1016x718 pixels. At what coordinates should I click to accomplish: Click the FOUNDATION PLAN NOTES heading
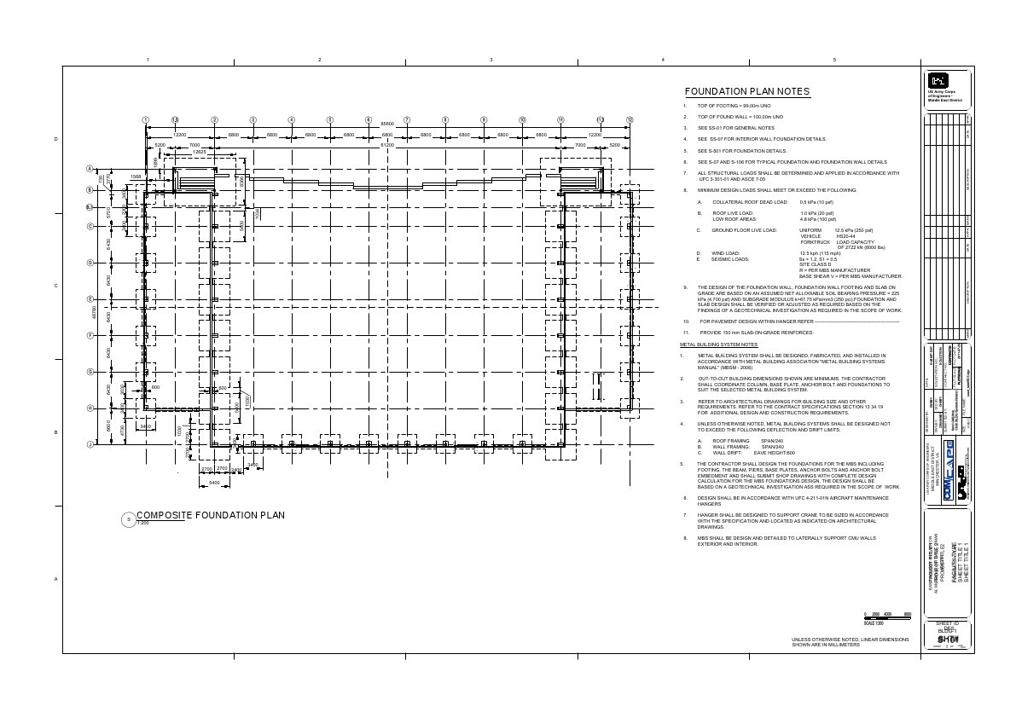(747, 92)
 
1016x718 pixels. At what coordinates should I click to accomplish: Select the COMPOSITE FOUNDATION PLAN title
(211, 515)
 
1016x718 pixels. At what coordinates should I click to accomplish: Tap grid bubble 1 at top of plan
(146, 120)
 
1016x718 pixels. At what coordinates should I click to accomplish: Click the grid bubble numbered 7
(407, 120)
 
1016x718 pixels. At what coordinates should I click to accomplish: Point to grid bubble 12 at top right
(630, 120)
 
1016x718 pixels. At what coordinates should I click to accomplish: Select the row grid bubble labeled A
(90, 170)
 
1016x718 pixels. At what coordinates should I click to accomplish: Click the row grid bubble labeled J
(90, 444)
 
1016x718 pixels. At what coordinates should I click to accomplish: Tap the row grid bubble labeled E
(90, 299)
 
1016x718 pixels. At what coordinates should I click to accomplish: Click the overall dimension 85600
(386, 124)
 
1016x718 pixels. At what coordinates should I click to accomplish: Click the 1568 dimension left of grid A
(135, 177)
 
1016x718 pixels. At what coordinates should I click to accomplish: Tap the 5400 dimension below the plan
(214, 483)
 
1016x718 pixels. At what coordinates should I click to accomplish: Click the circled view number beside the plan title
(129, 519)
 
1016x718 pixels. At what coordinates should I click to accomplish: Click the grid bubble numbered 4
(292, 120)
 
